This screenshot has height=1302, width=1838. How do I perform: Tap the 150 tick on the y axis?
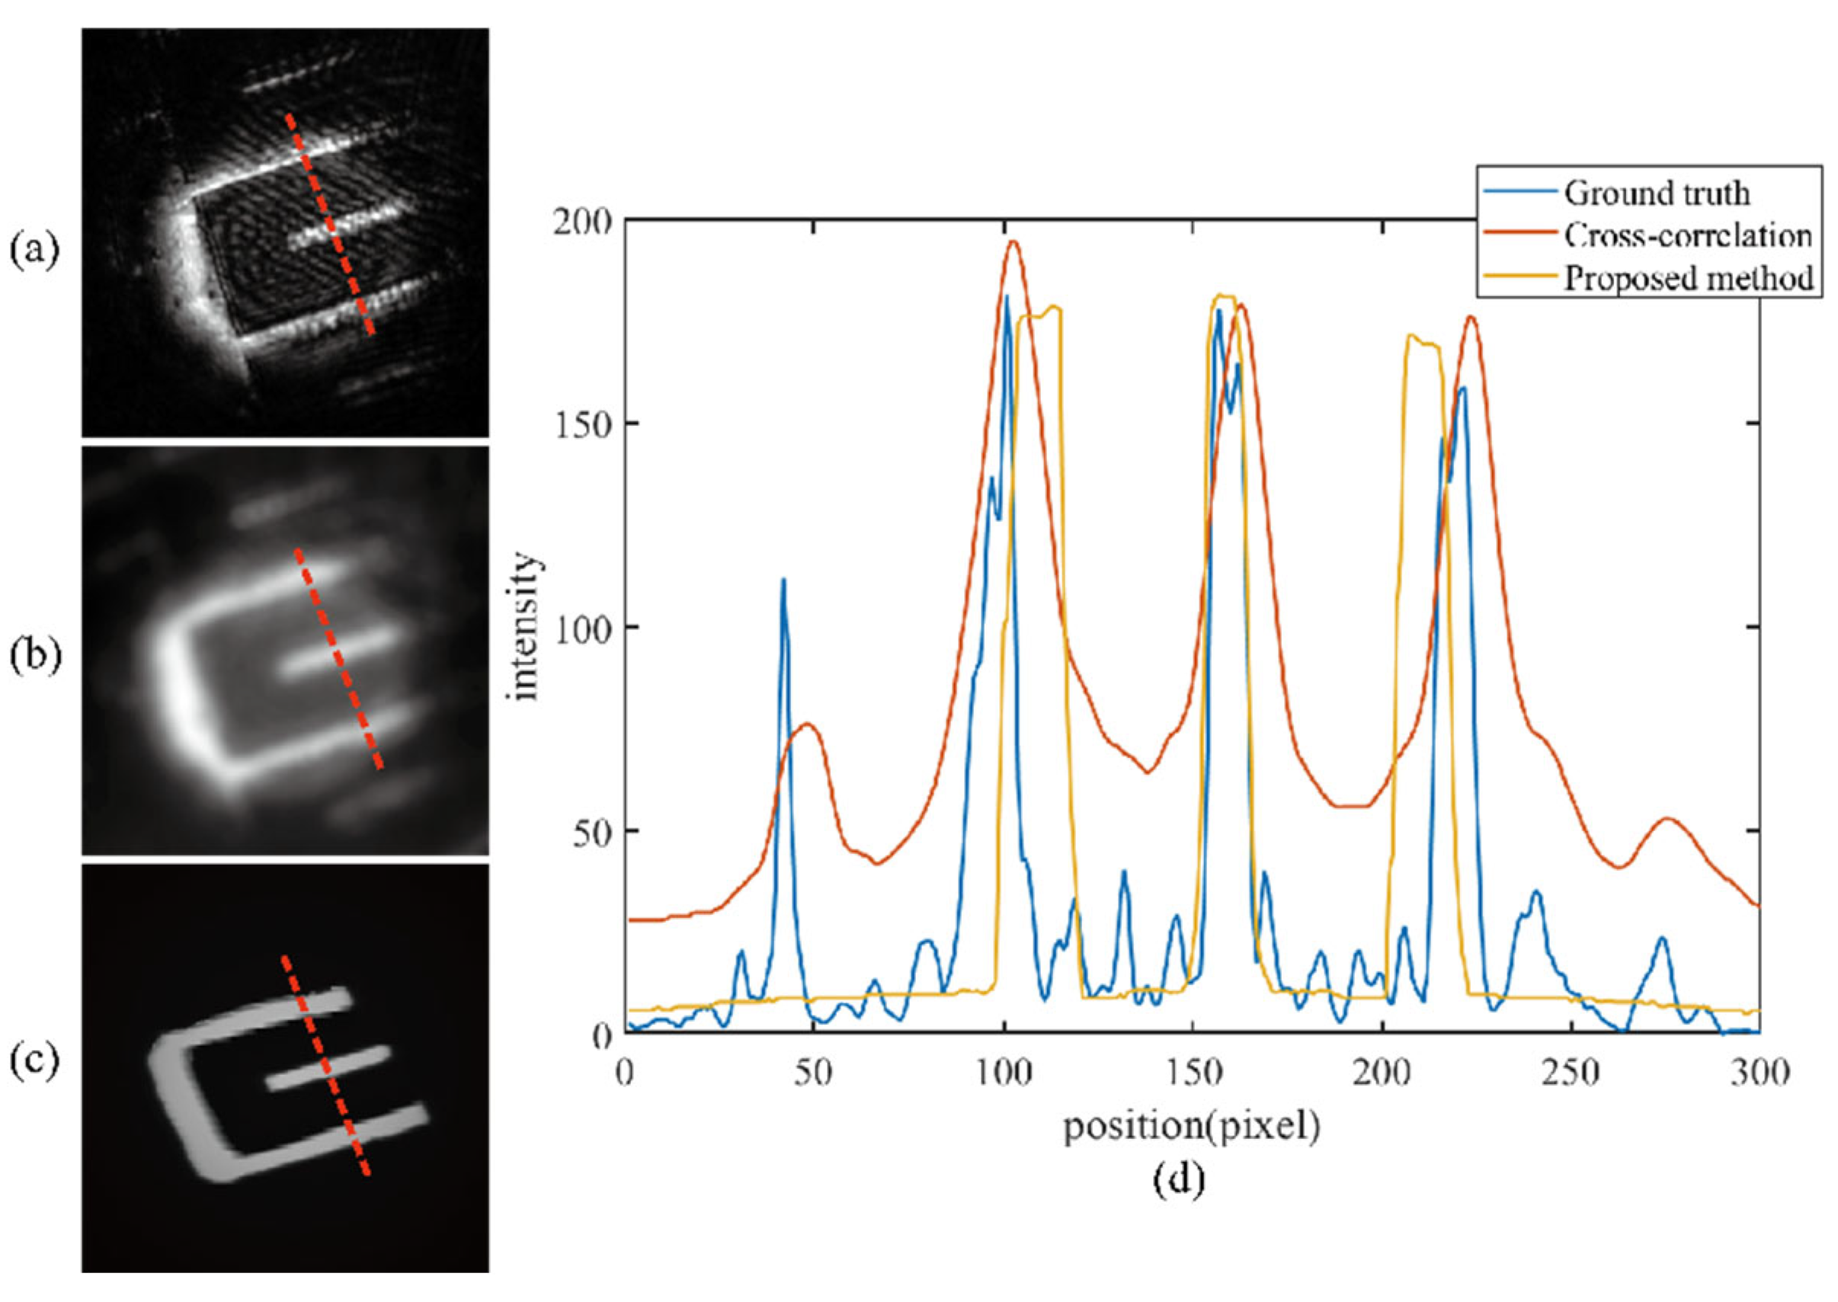tap(581, 424)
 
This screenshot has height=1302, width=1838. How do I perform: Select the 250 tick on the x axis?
tap(1572, 1073)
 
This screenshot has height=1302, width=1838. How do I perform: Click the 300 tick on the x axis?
tap(1760, 1073)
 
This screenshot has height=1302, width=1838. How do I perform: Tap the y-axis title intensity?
tap(524, 626)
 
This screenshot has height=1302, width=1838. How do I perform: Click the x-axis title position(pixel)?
tap(1192, 1127)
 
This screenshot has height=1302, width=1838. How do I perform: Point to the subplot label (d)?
tap(1179, 1179)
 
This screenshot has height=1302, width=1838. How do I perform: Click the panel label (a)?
tap(34, 251)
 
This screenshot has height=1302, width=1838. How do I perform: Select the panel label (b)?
tap(34, 656)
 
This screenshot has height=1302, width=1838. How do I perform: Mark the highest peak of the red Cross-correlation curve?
tap(1013, 242)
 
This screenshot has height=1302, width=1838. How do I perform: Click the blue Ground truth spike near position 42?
tap(783, 580)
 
